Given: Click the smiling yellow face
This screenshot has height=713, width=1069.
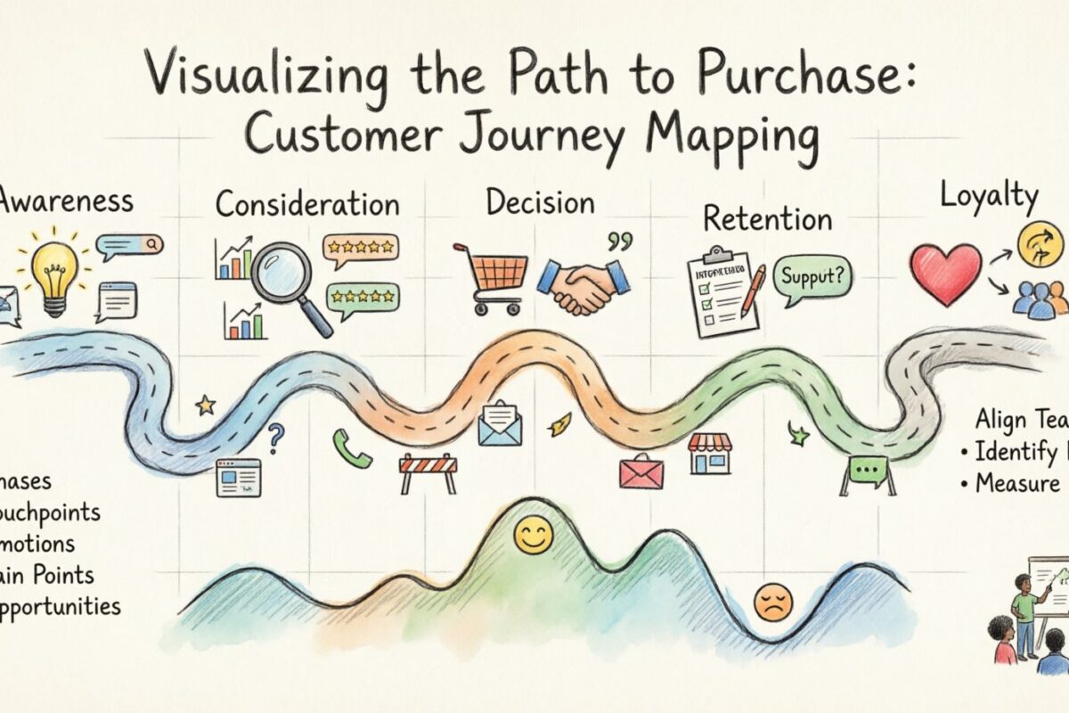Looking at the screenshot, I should [x=534, y=537].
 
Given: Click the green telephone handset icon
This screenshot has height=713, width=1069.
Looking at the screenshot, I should [x=351, y=447].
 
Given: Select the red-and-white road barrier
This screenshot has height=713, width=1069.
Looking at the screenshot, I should [x=428, y=472].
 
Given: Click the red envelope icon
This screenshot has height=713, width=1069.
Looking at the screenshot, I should [x=641, y=471].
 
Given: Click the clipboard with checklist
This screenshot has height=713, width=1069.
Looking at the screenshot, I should [x=720, y=292].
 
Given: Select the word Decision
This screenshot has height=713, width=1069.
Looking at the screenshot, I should [x=540, y=202].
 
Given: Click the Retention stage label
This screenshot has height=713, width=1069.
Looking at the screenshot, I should [x=767, y=219].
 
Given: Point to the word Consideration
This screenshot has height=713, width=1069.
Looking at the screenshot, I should [x=307, y=204].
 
